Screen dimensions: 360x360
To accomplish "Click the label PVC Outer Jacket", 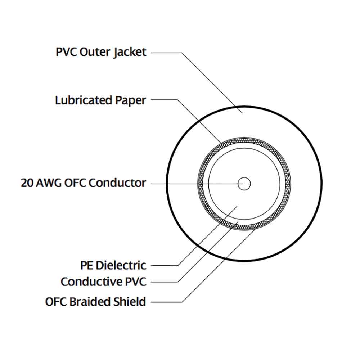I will [x=101, y=52].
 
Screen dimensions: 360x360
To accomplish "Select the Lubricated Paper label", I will [x=100, y=100].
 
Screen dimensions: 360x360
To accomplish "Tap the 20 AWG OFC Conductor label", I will [x=83, y=183].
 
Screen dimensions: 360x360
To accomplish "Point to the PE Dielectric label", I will [x=113, y=265].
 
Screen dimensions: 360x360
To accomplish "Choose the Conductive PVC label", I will [x=103, y=282].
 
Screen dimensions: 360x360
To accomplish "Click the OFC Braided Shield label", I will [x=95, y=301].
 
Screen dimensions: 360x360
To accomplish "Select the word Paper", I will [x=130, y=100].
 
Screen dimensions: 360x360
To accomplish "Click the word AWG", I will [x=48, y=183].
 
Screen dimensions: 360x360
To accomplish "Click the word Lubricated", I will [x=84, y=100].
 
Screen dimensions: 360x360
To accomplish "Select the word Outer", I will [x=94, y=52].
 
